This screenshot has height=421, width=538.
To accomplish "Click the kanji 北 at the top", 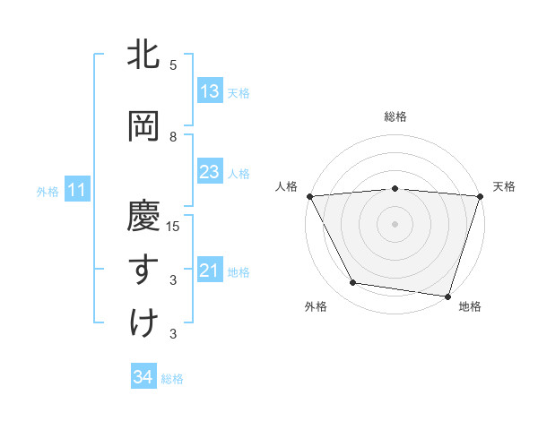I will point(144,55).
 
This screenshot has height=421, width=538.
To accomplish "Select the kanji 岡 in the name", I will point(144,126).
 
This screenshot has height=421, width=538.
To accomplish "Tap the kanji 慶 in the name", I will point(144,216).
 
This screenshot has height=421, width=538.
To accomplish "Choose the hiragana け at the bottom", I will point(144,323).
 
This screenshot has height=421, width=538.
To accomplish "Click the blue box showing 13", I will point(209,91).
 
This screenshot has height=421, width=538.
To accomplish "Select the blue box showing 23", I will point(209,172).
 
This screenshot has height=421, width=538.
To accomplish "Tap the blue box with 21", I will point(209,271).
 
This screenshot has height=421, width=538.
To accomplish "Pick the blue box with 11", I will point(76,190).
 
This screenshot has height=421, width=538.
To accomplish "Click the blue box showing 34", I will point(143,377).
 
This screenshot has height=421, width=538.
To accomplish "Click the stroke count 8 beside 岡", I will point(173,136).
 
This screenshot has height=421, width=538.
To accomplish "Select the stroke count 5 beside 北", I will point(173,64).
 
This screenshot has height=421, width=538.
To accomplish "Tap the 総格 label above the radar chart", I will point(395,116).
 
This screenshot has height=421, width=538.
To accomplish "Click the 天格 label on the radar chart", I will point(504,186).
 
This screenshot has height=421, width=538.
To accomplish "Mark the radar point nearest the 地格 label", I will point(447,296).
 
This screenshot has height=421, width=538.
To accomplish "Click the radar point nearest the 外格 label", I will point(353,283).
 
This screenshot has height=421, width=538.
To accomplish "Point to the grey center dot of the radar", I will point(395,223).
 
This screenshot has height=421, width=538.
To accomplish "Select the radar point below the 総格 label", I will point(395,188).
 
